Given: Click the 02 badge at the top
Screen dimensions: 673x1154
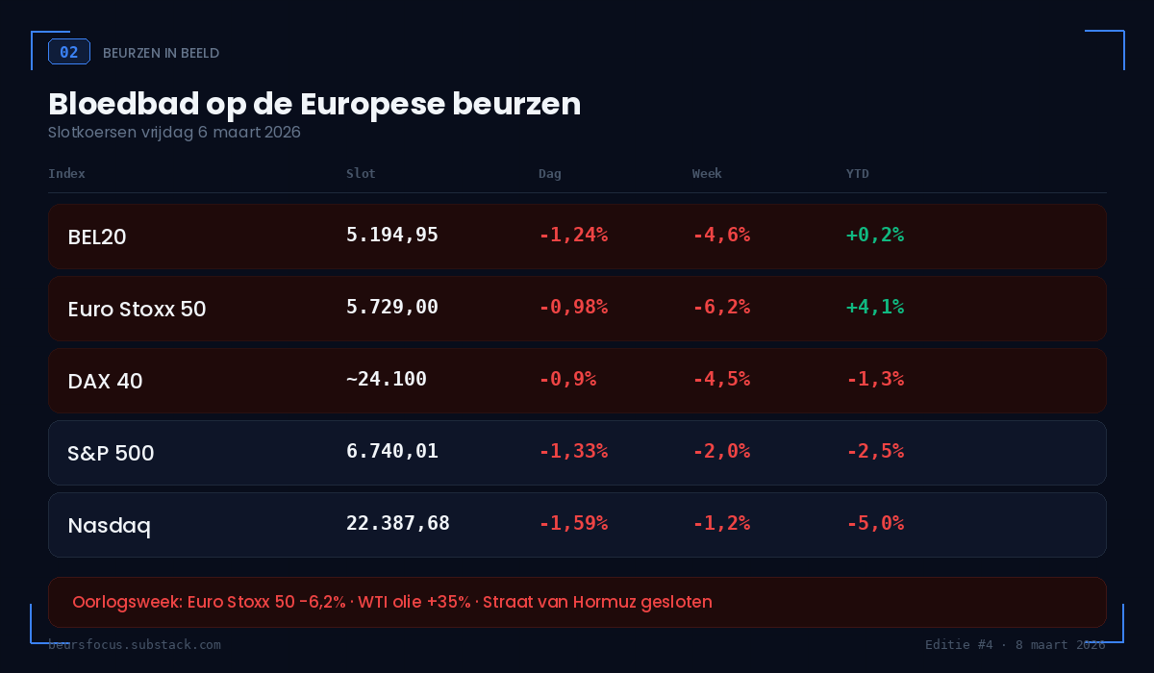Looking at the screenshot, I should coord(69,52).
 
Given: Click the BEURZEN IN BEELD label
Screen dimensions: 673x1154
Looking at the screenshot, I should coord(161,53).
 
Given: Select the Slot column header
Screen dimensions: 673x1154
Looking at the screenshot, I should coord(361,174).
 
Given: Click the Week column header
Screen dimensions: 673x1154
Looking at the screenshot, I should coord(707,174).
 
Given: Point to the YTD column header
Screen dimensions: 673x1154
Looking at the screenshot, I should coord(857,174).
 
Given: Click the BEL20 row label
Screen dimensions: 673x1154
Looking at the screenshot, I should coord(97,237).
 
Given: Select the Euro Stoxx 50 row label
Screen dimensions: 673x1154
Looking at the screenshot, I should coord(137,310).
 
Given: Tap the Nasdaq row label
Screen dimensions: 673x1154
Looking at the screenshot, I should coord(109,526).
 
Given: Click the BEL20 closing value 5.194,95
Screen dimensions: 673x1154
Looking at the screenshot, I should coord(392,235).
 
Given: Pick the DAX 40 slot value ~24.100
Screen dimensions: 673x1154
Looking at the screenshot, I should coord(387,379).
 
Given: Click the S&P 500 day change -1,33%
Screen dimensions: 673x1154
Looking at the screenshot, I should coord(573,451).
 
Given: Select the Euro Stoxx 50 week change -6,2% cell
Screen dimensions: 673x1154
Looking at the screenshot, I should coord(721,307).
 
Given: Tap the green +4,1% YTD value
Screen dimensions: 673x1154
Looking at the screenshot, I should coord(875,307).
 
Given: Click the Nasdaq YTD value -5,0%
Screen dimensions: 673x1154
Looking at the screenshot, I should coord(875,523).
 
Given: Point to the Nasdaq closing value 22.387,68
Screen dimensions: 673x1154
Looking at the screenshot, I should coord(398,523).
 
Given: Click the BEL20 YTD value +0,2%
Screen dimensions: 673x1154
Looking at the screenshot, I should coord(875,235).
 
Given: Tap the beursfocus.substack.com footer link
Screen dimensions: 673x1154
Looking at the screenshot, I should coord(135,644).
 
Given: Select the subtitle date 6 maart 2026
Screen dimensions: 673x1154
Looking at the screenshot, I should coord(249,133).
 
